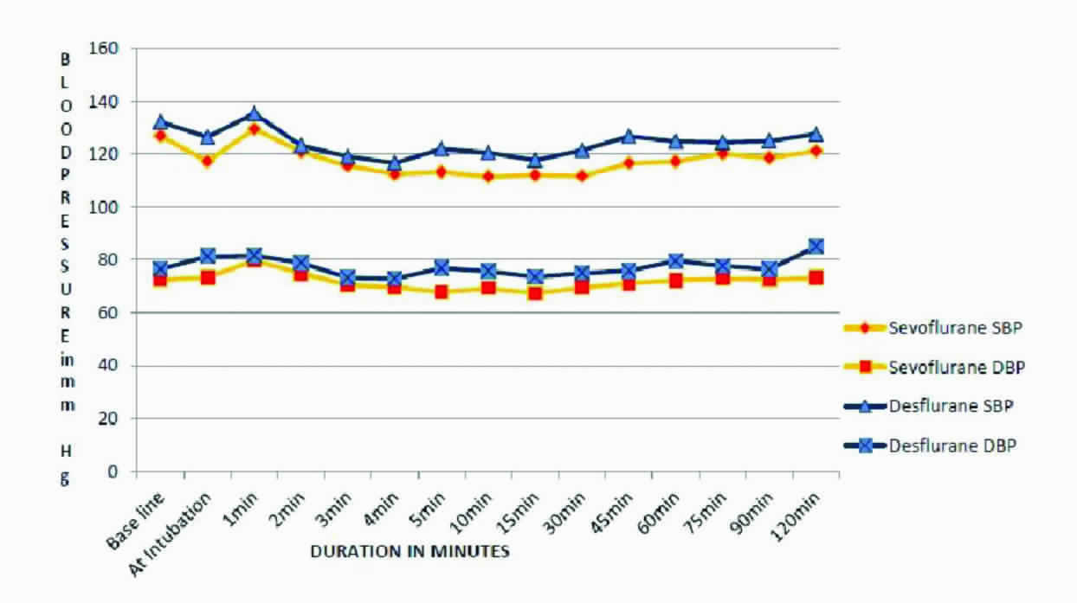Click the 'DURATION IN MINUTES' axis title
(410, 551)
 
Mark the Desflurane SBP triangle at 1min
(254, 113)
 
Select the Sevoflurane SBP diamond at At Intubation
(207, 161)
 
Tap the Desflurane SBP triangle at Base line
(160, 122)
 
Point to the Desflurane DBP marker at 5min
(442, 267)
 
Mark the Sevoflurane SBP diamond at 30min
(582, 176)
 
